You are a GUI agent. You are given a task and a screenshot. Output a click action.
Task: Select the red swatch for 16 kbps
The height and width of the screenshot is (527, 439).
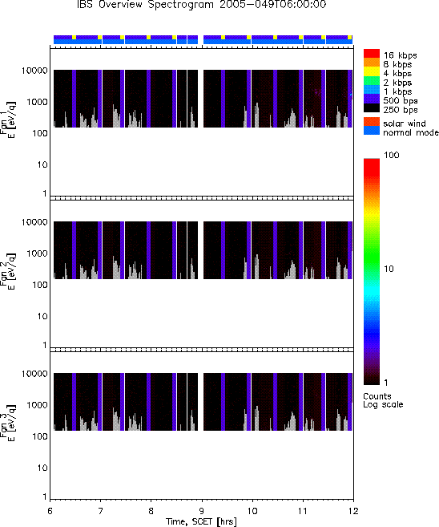pos(372,54)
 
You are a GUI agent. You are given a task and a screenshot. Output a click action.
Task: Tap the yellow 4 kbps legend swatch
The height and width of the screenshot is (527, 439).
pos(372,72)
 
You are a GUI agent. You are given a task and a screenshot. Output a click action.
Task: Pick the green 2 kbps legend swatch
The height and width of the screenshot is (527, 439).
pos(372,81)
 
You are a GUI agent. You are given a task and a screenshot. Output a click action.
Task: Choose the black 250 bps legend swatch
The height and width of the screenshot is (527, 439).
pos(372,108)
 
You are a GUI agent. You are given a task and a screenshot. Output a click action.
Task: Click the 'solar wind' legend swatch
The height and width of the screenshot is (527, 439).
pos(372,122)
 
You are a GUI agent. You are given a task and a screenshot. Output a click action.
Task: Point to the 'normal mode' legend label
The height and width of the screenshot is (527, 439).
pos(411,132)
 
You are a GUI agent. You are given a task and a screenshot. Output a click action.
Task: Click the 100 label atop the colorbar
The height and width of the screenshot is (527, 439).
pos(392,155)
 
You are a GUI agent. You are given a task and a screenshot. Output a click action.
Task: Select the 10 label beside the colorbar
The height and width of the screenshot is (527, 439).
pos(389,269)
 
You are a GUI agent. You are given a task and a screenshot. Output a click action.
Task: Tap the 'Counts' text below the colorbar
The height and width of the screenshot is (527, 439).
pos(377,396)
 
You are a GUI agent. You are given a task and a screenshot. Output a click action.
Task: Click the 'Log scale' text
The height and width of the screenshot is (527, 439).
pos(383,404)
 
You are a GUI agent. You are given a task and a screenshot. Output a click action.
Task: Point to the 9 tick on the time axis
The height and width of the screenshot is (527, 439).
pos(202,511)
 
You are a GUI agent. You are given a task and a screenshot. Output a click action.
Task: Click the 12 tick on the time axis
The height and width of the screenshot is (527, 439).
pos(353,511)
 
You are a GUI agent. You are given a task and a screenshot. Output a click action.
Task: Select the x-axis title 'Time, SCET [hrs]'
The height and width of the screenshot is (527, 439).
pos(201,522)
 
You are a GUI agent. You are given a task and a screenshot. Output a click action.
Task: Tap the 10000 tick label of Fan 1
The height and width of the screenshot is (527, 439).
pos(34,71)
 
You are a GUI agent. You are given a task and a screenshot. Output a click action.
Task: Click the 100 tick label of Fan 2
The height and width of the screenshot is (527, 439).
pos(39,285)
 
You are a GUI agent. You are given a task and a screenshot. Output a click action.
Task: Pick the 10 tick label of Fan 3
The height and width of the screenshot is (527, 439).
pos(42,468)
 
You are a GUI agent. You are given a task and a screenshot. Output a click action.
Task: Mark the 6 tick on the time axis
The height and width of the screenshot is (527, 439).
pos(50,511)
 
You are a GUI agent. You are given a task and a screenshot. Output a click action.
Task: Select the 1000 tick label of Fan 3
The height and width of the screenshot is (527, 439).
pos(37,405)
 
